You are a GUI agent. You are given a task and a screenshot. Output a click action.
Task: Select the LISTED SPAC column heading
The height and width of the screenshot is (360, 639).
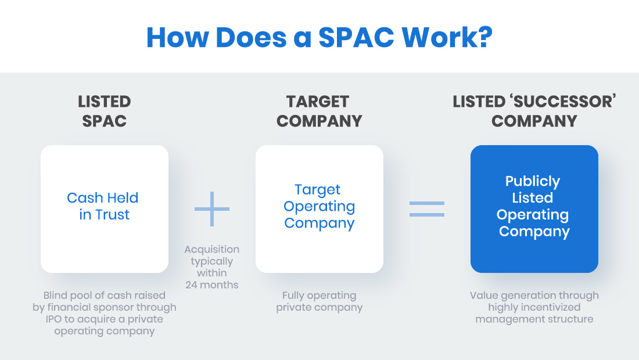click(105, 111)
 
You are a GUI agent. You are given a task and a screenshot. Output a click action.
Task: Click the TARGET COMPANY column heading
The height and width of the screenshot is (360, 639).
click(319, 111)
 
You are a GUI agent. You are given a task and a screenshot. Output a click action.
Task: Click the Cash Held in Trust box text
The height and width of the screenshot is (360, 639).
click(103, 206)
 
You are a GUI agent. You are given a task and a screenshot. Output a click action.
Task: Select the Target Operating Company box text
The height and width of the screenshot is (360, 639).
click(319, 206)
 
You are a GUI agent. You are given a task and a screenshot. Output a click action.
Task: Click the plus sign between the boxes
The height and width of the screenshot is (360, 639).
click(212, 208)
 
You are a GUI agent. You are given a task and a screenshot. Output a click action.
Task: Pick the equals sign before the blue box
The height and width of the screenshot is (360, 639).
click(427, 208)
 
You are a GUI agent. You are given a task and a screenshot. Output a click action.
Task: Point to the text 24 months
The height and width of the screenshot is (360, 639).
click(212, 285)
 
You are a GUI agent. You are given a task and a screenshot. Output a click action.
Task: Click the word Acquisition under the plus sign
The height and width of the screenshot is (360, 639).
click(212, 249)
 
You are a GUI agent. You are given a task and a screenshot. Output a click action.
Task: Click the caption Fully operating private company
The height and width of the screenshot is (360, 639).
click(319, 301)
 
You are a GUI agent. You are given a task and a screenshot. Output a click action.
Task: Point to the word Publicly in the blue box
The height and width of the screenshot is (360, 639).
click(533, 181)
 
